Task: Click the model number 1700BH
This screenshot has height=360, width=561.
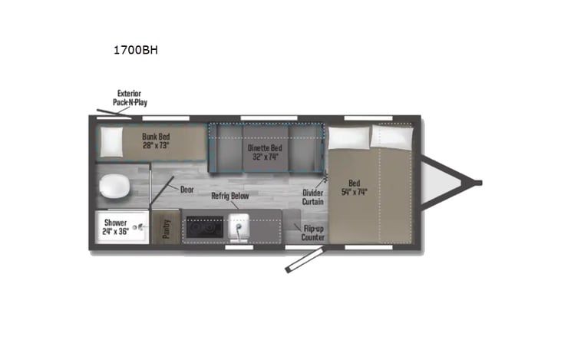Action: tap(134, 51)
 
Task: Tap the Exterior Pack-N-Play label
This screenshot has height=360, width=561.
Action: tap(129, 97)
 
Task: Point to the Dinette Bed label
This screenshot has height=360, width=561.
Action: tap(262, 147)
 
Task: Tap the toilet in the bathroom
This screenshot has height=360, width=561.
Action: tap(115, 185)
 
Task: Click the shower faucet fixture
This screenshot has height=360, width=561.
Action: tap(141, 227)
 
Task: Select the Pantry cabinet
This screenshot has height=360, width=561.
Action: tap(166, 227)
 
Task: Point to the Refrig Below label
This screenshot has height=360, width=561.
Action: tap(230, 196)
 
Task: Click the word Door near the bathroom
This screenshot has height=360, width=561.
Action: tap(186, 189)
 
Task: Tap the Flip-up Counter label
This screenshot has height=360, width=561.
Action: tap(312, 232)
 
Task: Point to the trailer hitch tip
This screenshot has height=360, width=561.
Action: tap(477, 183)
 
